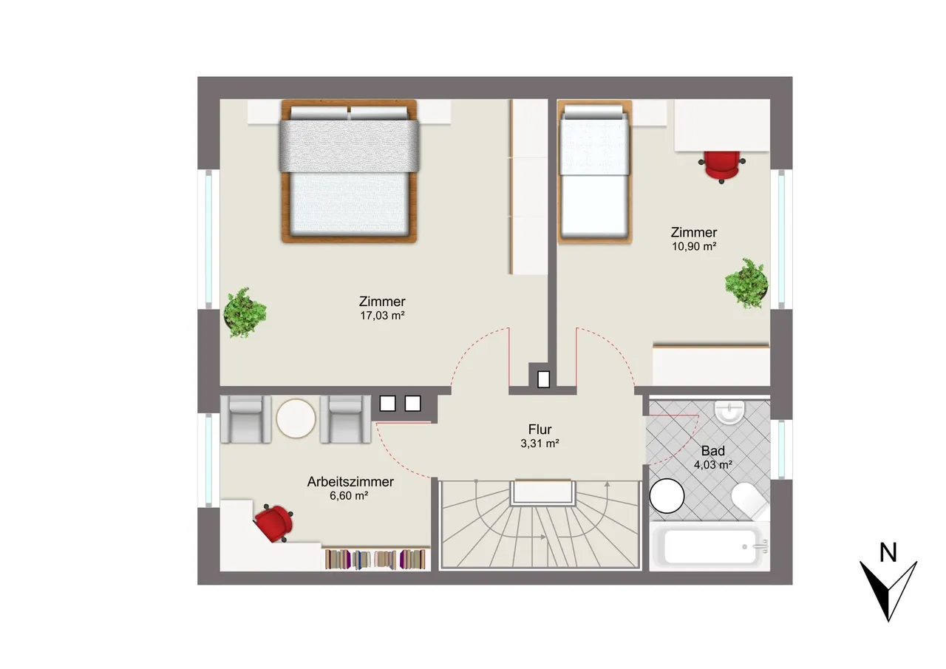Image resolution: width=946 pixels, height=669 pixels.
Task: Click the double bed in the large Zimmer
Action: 350,171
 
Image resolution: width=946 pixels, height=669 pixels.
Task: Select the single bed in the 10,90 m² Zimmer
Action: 594,172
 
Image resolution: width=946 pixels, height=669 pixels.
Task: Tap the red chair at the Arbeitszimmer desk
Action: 274,523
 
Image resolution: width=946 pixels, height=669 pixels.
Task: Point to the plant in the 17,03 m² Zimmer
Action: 245,313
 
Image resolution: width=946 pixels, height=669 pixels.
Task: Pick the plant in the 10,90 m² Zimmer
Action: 746,283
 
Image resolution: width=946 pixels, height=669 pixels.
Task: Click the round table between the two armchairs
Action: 296,418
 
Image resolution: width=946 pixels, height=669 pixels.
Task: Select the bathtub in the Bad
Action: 710,546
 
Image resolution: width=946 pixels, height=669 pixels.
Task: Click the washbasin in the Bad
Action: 729,412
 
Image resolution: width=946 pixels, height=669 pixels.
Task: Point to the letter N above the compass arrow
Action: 888,552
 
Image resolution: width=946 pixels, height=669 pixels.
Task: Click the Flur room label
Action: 540,429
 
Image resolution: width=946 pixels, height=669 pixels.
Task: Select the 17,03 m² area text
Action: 382,316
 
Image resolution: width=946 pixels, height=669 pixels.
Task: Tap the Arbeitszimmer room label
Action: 350,481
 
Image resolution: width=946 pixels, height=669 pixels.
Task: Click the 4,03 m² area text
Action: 713,465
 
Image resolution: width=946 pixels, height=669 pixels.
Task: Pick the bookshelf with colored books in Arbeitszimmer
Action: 375,559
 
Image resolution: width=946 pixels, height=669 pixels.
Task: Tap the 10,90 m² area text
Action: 694,246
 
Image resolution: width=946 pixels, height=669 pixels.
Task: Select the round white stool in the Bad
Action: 667,496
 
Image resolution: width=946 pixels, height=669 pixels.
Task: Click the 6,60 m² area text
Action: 349,496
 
